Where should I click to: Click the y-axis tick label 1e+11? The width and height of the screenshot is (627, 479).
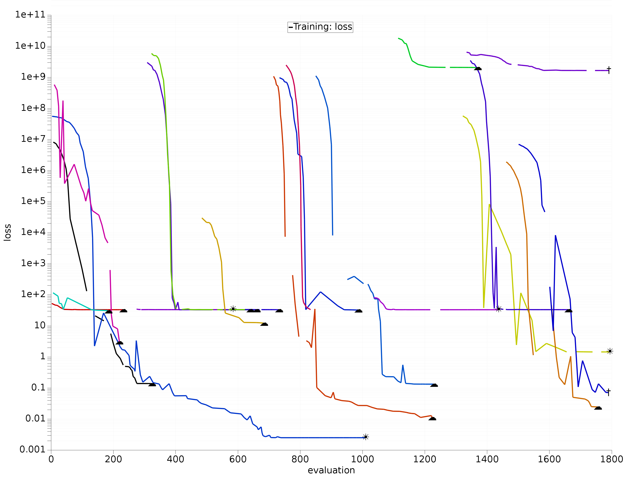[30, 14]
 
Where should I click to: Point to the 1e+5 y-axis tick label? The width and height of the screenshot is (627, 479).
[33, 201]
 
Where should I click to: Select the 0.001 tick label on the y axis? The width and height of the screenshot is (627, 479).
[33, 450]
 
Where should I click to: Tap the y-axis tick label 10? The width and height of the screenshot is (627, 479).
[40, 325]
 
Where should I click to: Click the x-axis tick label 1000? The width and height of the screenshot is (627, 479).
[362, 459]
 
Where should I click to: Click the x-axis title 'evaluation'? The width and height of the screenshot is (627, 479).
[331, 470]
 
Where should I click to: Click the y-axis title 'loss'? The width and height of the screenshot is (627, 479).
[7, 232]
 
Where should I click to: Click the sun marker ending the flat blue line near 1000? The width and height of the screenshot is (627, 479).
[366, 437]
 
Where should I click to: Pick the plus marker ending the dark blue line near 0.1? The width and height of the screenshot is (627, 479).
[608, 392]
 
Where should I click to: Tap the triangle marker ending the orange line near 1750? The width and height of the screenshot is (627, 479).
[598, 408]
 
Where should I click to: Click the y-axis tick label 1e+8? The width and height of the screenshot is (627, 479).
[33, 108]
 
